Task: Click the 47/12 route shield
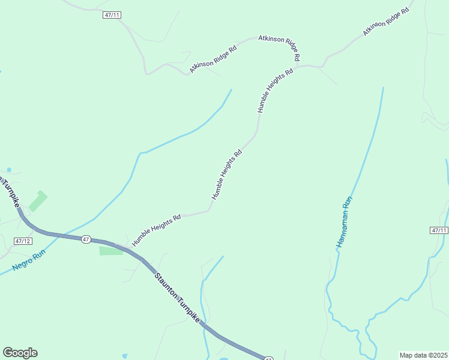pos(22,241)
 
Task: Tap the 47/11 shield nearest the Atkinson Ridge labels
pos(112,15)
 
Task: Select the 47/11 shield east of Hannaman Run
pos(439,230)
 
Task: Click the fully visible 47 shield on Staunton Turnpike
pos(86,239)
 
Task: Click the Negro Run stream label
pos(29,259)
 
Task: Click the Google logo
pos(20,353)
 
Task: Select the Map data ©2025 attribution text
pos(423,355)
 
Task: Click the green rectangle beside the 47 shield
pos(111,251)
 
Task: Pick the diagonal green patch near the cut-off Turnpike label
pos(38,200)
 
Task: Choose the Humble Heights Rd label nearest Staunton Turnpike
pos(157,231)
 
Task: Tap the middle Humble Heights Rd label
pos(226,175)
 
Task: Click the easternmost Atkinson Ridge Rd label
pos(386,24)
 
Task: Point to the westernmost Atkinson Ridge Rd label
pos(214,59)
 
